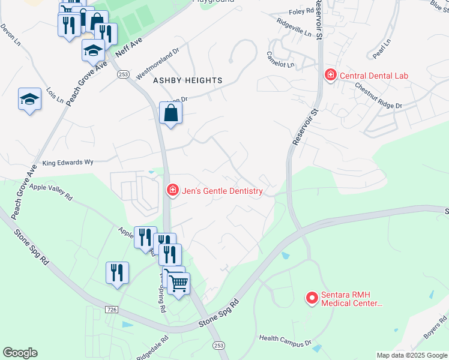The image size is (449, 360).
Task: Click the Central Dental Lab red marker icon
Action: (330, 75)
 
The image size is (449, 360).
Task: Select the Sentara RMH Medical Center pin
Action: (312, 298)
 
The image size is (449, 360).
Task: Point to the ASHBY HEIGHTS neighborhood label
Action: (188, 80)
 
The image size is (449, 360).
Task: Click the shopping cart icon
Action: (179, 283)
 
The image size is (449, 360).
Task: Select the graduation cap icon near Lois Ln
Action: (29, 99)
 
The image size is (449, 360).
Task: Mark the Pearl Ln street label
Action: (381, 48)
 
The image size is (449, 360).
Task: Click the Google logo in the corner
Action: (20, 353)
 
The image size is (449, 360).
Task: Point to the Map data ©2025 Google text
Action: (411, 355)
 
